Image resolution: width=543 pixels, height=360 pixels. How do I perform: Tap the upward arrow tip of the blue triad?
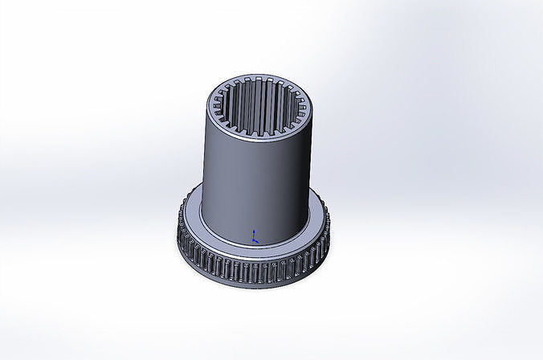[255, 229]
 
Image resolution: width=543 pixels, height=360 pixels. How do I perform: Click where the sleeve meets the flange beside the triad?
[265, 241]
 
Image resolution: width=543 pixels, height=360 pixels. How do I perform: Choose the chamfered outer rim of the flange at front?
[254, 256]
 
